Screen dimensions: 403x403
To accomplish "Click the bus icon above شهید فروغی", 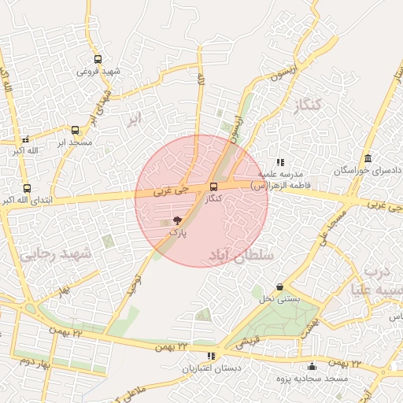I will pyautogui.click(x=98, y=59).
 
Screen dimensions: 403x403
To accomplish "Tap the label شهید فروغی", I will pyautogui.click(x=99, y=71).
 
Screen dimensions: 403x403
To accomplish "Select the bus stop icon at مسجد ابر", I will pyautogui.click(x=75, y=131).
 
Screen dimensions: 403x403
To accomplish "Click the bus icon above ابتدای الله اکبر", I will pyautogui.click(x=28, y=189).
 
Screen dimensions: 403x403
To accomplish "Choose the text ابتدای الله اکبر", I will pyautogui.click(x=28, y=201).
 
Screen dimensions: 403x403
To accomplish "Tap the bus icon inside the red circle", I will pyautogui.click(x=213, y=187).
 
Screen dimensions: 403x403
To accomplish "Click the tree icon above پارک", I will pyautogui.click(x=176, y=221).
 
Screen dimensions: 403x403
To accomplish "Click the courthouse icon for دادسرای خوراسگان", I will pyautogui.click(x=368, y=158).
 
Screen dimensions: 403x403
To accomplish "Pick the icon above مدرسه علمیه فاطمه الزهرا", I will pyautogui.click(x=280, y=161).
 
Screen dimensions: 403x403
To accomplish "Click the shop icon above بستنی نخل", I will pyautogui.click(x=280, y=287).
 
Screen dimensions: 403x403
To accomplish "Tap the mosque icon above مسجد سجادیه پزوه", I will pyautogui.click(x=312, y=366).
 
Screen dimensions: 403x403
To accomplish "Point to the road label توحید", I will pyautogui.click(x=136, y=284).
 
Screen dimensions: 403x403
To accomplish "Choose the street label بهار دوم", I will pyautogui.click(x=35, y=360).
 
